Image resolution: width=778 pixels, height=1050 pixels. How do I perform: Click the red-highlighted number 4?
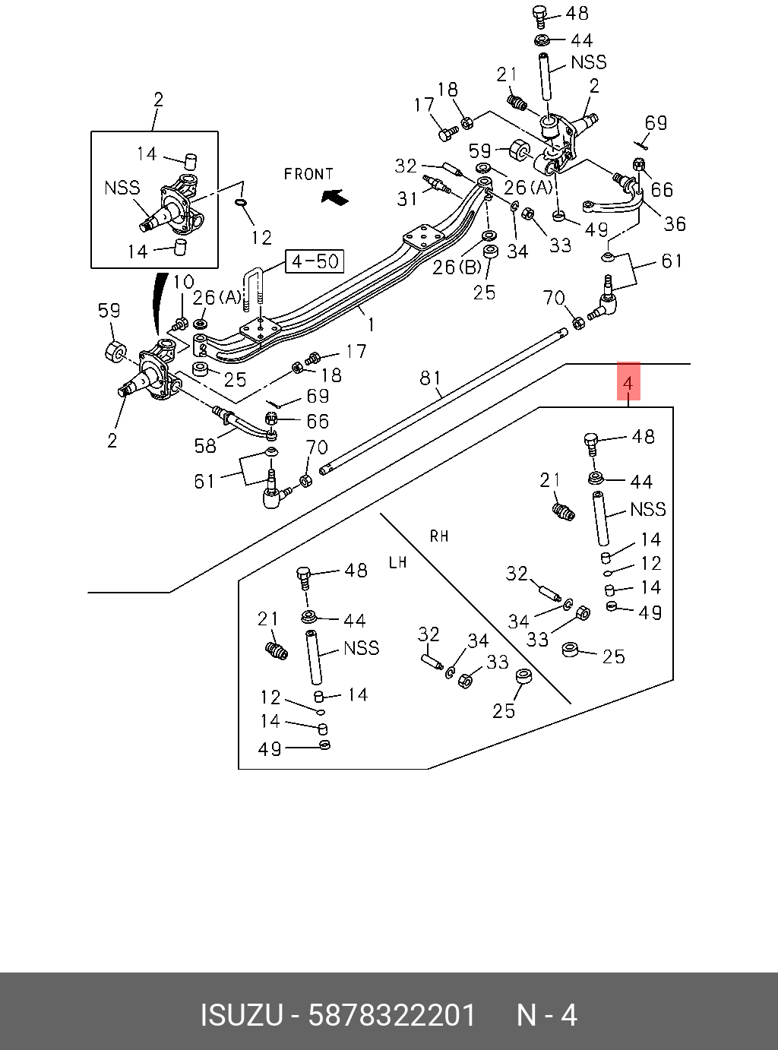pyautogui.click(x=628, y=383)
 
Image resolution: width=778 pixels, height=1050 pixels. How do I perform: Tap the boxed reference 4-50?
pyautogui.click(x=315, y=262)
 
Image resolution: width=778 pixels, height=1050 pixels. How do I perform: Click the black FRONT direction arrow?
pyautogui.click(x=335, y=197)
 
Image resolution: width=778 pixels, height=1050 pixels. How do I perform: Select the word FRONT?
pyautogui.click(x=308, y=174)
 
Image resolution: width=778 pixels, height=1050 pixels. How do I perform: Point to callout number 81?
pyautogui.click(x=430, y=378)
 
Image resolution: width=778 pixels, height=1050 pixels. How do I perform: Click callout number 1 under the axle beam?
pyautogui.click(x=371, y=324)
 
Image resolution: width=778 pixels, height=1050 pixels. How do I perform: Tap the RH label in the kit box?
pyautogui.click(x=439, y=536)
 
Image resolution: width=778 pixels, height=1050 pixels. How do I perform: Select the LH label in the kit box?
pyautogui.click(x=397, y=562)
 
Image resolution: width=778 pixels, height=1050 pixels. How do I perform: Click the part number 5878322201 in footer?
pyautogui.click(x=391, y=1015)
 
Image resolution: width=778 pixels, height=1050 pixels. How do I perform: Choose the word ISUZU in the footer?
pyautogui.click(x=241, y=1015)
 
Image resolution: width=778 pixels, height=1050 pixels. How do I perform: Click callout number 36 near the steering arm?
pyautogui.click(x=674, y=223)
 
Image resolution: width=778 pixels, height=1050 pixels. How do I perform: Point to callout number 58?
pyautogui.click(x=205, y=445)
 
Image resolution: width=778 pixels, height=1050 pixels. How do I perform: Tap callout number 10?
pyautogui.click(x=183, y=283)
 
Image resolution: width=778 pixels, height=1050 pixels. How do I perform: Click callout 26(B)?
pyautogui.click(x=456, y=267)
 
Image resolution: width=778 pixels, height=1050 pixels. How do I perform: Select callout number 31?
pyautogui.click(x=407, y=199)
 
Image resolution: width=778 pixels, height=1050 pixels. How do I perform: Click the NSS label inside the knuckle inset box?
pyautogui.click(x=122, y=187)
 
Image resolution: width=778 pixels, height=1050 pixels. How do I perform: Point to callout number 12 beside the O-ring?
pyautogui.click(x=261, y=238)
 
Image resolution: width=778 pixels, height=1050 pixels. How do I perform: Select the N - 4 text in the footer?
pyautogui.click(x=547, y=1015)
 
